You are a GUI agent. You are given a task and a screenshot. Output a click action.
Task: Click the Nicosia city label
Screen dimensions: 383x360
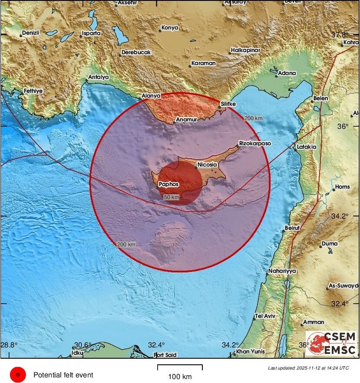[x=207, y=165]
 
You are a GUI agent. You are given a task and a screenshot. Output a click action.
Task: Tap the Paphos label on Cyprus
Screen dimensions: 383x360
[x=169, y=184]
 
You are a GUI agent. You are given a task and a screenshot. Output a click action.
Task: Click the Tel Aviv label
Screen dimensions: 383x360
[x=265, y=316]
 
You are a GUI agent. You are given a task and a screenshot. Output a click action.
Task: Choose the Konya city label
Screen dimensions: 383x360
[x=169, y=28]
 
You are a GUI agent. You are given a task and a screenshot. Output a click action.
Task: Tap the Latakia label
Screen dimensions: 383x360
[x=307, y=147]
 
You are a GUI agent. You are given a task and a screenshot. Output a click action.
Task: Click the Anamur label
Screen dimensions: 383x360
[x=187, y=120]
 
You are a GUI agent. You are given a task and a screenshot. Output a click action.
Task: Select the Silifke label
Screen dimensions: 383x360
[x=228, y=104]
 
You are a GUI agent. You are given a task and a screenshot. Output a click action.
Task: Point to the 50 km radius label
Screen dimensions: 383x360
[x=172, y=197]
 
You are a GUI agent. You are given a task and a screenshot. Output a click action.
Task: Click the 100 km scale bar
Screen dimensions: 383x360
[x=180, y=368]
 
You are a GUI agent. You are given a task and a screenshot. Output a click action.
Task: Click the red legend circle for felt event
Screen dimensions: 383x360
[x=18, y=374]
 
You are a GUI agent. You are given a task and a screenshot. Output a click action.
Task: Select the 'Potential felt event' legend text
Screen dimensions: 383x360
[x=63, y=375]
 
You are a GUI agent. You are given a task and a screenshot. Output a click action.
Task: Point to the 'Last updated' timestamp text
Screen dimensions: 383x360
[x=308, y=368]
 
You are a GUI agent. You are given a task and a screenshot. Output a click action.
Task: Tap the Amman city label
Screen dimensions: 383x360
[x=313, y=322]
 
